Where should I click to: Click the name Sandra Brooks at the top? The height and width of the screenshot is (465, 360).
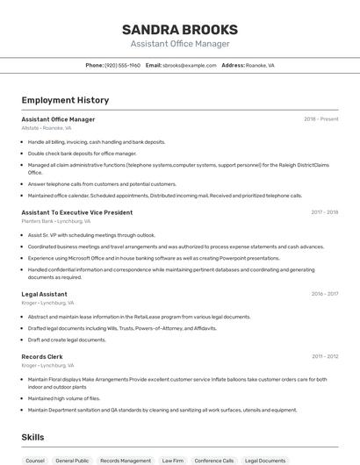coord(180,29)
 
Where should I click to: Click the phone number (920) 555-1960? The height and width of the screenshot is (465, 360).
coord(123,65)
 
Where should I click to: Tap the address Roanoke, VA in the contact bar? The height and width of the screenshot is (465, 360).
coord(260,65)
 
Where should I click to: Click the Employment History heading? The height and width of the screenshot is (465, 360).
coord(65,101)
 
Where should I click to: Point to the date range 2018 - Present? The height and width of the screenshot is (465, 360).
coord(321,119)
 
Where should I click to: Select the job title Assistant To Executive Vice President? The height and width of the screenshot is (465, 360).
coord(77,212)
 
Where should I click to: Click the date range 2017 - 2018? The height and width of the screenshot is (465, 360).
coord(325,212)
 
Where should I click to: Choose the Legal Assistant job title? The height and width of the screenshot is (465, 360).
coord(45,294)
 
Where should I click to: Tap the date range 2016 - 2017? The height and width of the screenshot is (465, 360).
coord(325,294)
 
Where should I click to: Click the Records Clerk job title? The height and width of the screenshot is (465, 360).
coord(42,356)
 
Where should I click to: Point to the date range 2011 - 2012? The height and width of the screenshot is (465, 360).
coord(325,356)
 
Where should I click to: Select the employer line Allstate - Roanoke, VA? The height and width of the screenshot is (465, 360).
coord(47,128)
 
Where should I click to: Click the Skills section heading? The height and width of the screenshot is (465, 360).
coord(33,436)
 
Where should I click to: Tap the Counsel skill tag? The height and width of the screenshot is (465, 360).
coord(35,460)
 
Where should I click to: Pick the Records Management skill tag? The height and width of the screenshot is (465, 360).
coord(126,460)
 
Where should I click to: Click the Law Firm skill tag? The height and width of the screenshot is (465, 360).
coord(173,460)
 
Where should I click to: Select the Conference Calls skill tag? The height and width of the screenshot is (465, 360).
coord(214,460)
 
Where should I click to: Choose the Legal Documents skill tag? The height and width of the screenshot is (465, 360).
coord(265,460)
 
